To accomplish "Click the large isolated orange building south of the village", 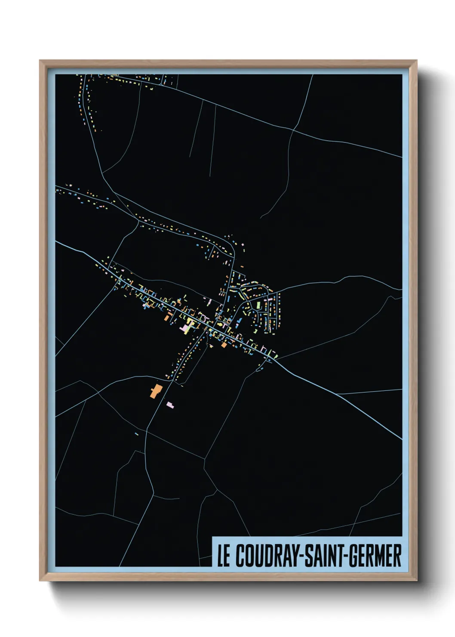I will click(155, 391).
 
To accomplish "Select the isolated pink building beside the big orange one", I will click(170, 405).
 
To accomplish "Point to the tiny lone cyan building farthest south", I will click(137, 433).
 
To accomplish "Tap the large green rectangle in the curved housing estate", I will click(258, 305).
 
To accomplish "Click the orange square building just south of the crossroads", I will click(224, 345).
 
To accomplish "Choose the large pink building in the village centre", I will click(186, 328).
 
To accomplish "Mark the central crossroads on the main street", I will click(207, 331).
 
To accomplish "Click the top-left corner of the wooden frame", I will click(40, 61).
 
